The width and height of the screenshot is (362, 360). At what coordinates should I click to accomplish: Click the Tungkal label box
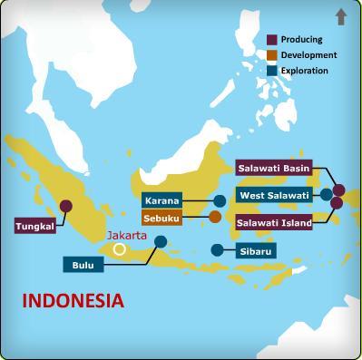click(x=34, y=226)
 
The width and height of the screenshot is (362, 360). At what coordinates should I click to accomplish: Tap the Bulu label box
click(x=84, y=265)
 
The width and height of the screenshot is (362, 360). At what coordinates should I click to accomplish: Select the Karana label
click(x=162, y=200)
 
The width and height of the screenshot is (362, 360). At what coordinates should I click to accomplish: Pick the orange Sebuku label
click(x=162, y=218)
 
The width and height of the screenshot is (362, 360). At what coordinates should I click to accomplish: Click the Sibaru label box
click(x=256, y=250)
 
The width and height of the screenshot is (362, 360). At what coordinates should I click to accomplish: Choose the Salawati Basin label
click(x=273, y=168)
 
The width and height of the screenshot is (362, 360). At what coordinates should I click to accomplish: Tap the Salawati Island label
click(x=273, y=221)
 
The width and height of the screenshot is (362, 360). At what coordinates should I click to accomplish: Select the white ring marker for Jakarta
click(x=120, y=248)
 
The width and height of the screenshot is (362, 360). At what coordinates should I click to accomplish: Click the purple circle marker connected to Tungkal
click(x=65, y=205)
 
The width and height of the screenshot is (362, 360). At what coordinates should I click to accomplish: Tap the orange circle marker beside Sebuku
click(x=215, y=217)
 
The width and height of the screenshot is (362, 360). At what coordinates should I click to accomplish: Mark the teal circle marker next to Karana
click(x=220, y=200)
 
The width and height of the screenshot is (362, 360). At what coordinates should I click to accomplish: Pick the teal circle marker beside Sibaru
click(x=217, y=249)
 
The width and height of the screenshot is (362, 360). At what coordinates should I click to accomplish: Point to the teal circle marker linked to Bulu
click(x=161, y=241)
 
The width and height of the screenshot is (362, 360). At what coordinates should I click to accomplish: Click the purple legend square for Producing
click(x=271, y=40)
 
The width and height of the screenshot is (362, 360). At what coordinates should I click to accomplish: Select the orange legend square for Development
click(x=271, y=55)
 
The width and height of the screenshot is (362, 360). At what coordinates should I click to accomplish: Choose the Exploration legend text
click(x=305, y=71)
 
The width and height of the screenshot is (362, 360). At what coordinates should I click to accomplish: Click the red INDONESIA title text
click(x=73, y=300)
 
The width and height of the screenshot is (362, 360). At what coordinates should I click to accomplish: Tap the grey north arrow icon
click(x=341, y=15)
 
